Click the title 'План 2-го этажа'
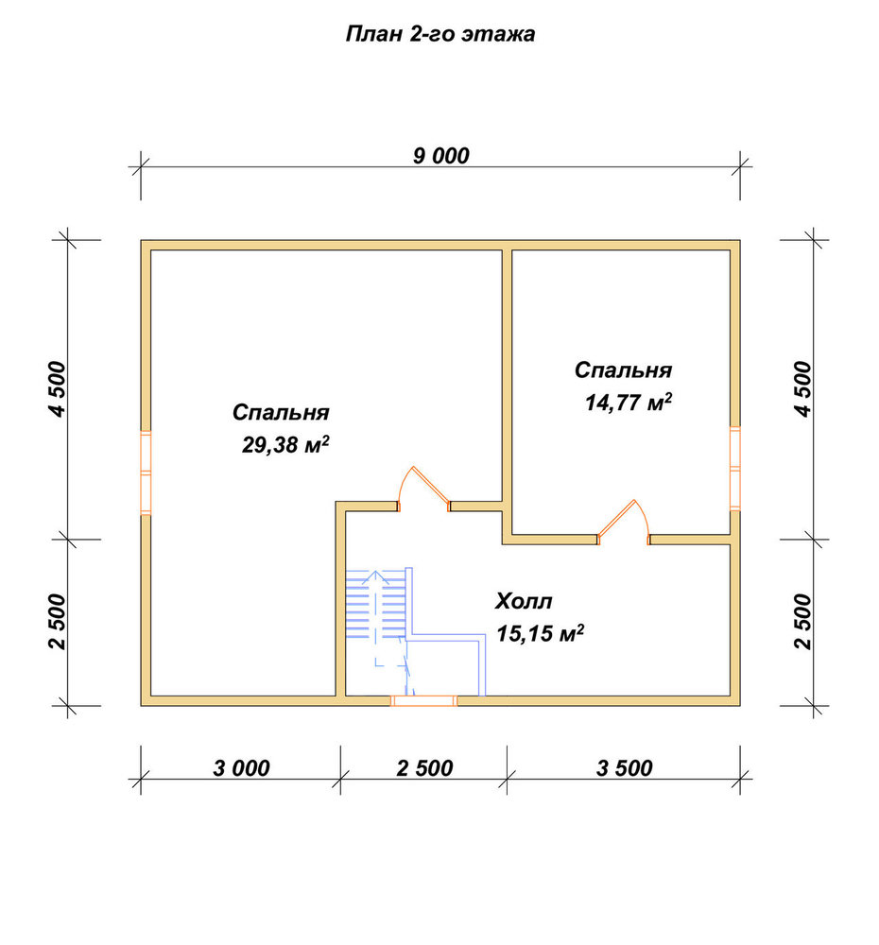440,34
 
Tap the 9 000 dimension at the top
440,156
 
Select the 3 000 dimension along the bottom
241,767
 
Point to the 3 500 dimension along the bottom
624,767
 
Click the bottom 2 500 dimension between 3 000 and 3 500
424,767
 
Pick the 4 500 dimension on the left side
59,389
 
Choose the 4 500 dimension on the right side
803,389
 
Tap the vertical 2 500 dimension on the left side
59,622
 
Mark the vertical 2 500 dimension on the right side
803,622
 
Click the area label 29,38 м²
285,445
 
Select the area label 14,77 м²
629,402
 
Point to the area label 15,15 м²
541,633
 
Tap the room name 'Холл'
524,601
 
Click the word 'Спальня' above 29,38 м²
281,412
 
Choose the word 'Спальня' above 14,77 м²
623,369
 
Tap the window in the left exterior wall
146,472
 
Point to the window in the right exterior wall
735,469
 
